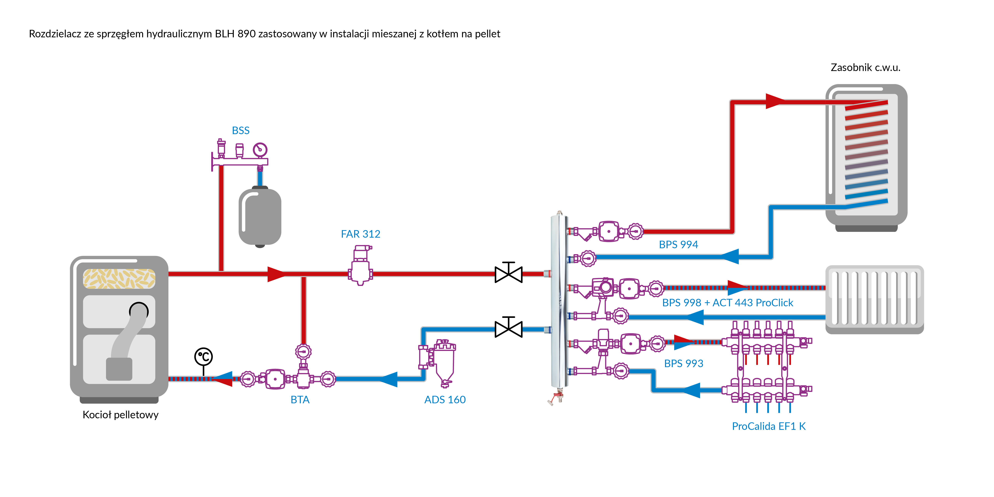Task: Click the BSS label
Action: (240, 130)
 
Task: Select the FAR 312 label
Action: (360, 234)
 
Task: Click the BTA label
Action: (300, 400)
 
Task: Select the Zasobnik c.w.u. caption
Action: (865, 68)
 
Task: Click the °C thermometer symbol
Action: (203, 357)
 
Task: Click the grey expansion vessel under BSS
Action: (260, 216)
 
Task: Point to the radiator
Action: (874, 299)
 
